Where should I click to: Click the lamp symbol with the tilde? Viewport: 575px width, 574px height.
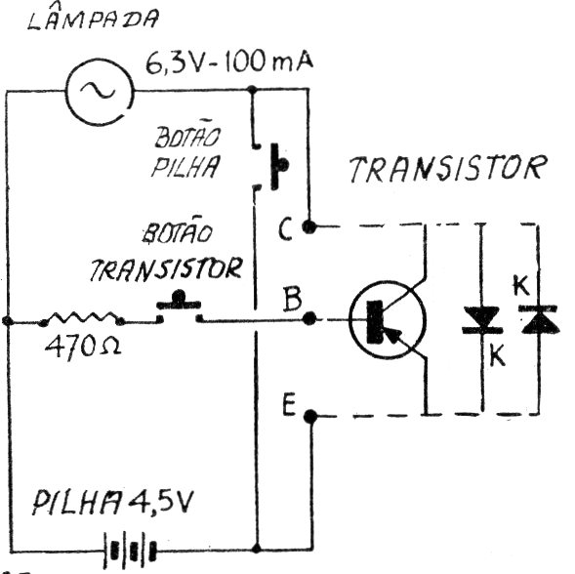(100, 91)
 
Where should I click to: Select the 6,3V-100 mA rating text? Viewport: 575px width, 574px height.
(229, 62)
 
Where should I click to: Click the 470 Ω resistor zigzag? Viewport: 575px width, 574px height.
(82, 318)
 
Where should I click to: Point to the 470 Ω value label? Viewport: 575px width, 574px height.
(83, 347)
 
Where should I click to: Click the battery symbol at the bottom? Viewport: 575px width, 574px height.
(130, 549)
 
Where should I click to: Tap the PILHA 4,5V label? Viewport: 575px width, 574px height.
(112, 502)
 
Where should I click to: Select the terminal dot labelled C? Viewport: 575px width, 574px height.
(308, 226)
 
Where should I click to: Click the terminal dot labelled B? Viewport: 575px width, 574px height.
(309, 318)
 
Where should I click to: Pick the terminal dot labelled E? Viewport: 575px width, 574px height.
(310, 416)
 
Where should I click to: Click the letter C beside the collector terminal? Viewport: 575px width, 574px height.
(285, 228)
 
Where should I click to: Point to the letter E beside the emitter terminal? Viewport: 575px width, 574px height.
(289, 404)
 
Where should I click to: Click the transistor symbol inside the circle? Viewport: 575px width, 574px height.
(388, 319)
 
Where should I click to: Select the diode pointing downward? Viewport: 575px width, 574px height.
(482, 320)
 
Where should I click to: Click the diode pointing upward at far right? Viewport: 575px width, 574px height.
(538, 319)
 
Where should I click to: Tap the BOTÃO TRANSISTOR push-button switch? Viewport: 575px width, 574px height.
(179, 307)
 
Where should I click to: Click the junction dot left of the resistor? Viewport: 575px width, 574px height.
(8, 321)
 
